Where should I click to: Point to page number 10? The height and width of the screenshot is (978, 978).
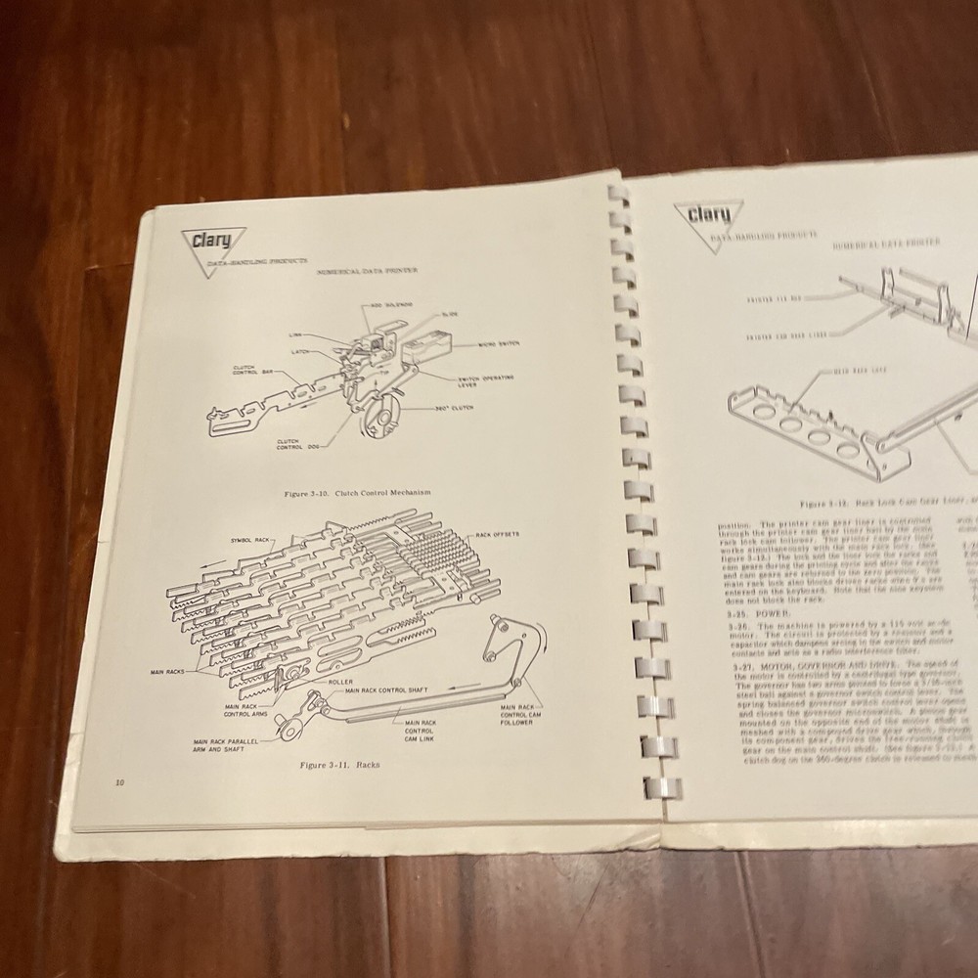119,781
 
